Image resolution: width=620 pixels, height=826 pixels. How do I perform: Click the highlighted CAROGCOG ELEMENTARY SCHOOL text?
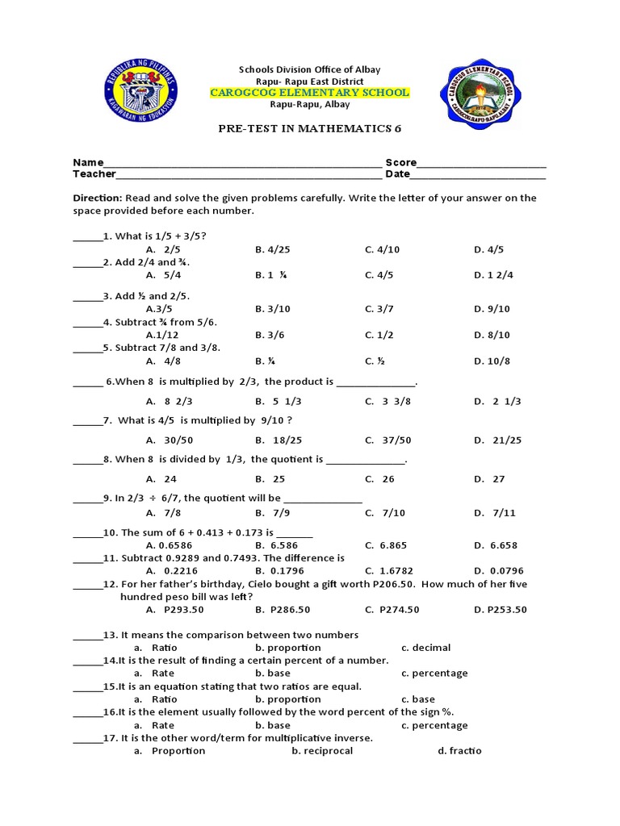click(x=310, y=93)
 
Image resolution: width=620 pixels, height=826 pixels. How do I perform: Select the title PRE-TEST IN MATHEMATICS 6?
click(x=310, y=128)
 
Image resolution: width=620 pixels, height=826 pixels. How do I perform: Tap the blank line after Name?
click(x=242, y=164)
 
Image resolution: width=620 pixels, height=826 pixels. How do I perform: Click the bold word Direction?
click(x=98, y=198)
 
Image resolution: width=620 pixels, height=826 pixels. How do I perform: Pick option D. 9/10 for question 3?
click(x=492, y=309)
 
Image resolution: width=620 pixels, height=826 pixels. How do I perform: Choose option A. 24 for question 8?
click(x=161, y=478)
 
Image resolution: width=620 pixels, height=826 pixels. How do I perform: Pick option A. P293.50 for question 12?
click(x=171, y=609)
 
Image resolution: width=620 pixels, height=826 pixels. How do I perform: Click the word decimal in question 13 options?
click(x=431, y=648)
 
